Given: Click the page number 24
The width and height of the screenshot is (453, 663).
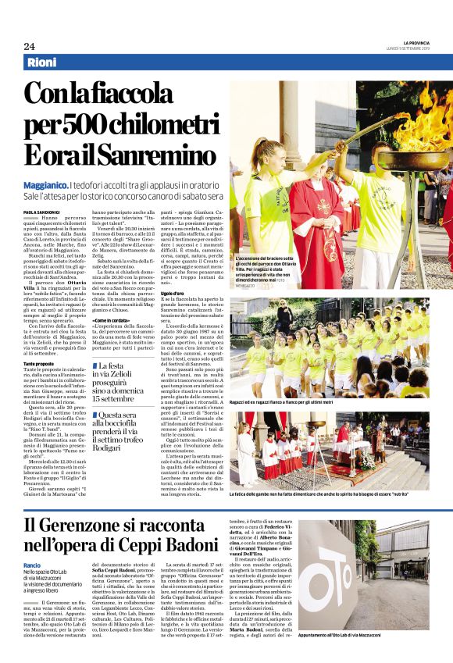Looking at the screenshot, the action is tap(29, 46).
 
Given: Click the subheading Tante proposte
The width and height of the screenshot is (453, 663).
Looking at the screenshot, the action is tap(40, 364).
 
